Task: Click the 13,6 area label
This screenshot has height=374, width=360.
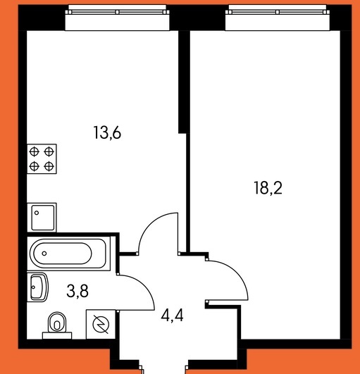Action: [x=107, y=132]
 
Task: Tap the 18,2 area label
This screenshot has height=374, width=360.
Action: [x=268, y=188]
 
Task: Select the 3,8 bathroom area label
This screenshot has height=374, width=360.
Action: [x=77, y=291]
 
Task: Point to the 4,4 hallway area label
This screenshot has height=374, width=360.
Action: [x=172, y=316]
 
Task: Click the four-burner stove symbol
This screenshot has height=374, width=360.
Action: [x=42, y=159]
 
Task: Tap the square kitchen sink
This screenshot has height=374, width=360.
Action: [x=42, y=218]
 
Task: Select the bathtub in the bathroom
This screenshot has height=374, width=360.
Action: [x=69, y=254]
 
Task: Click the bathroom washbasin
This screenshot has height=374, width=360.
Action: [x=38, y=287]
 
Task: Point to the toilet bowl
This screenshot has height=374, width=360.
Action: [x=57, y=323]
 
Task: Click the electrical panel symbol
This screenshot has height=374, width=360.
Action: [x=101, y=325]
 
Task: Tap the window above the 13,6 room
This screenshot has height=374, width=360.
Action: [x=117, y=18]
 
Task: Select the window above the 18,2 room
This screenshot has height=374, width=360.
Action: [x=278, y=18]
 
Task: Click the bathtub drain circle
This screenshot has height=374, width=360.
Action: [x=44, y=254]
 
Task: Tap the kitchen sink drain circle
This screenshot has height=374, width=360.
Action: [x=37, y=213]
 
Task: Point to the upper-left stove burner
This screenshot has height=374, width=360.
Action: [x=34, y=151]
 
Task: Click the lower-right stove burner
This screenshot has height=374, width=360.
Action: [x=49, y=166]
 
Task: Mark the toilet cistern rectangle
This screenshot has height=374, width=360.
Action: [x=57, y=335]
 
